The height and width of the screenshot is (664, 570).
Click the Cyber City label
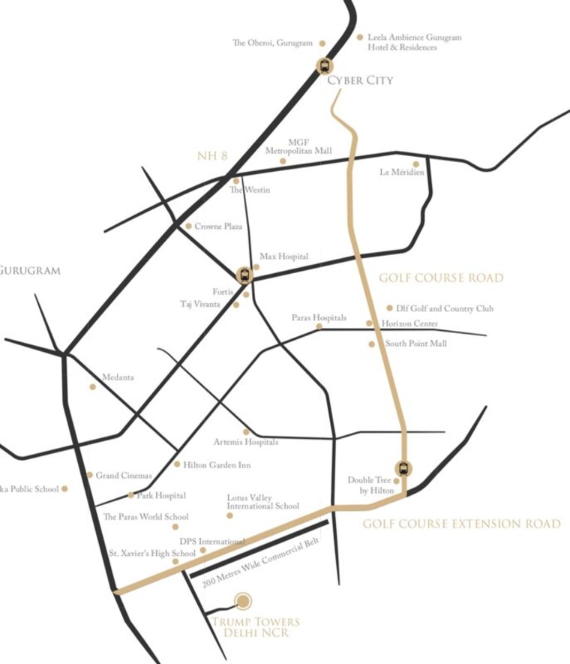(360, 80)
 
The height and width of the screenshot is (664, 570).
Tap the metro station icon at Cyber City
(324, 66)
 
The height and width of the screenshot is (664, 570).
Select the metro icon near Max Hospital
(244, 275)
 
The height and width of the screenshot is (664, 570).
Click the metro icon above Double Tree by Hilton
(403, 469)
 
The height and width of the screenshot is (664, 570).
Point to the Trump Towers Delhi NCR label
(255, 627)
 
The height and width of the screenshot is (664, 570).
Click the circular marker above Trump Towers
(243, 600)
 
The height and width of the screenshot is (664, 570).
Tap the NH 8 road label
(212, 156)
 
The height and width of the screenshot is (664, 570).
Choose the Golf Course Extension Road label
(461, 524)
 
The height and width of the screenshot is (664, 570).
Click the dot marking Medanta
(93, 387)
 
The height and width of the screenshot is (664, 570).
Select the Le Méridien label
(402, 173)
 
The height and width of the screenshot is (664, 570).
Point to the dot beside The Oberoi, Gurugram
(322, 44)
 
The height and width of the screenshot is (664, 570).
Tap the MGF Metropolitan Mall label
(298, 146)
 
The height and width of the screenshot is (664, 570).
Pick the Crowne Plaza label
(218, 226)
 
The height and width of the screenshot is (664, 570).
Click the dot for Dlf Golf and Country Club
(389, 308)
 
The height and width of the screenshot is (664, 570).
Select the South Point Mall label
(415, 344)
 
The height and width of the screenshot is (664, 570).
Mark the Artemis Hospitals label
(245, 442)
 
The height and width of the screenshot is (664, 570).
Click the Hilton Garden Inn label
(217, 465)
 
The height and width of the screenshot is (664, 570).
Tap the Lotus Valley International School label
(262, 501)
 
